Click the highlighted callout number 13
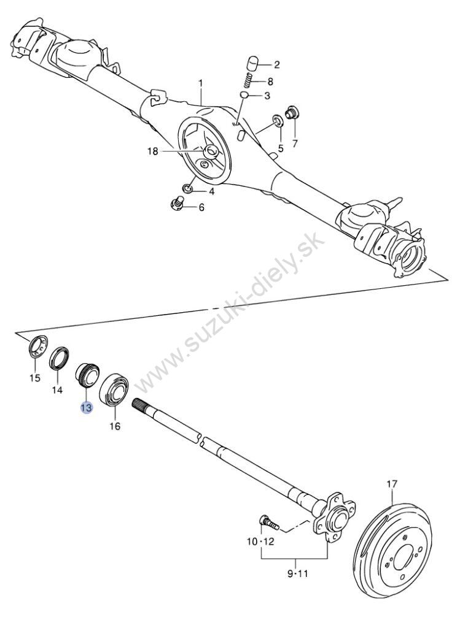coord(86,408)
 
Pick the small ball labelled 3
coord(244,95)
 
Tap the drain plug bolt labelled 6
coord(177,204)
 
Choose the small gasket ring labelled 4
coord(186,188)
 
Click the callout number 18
coord(153,151)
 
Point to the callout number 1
coord(201,83)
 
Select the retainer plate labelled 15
coord(39,347)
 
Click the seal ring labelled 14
coord(59,358)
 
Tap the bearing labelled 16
coord(114,389)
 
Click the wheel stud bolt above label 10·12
coord(270,521)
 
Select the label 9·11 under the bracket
coord(297,573)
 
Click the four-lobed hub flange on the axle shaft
coord(333,518)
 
